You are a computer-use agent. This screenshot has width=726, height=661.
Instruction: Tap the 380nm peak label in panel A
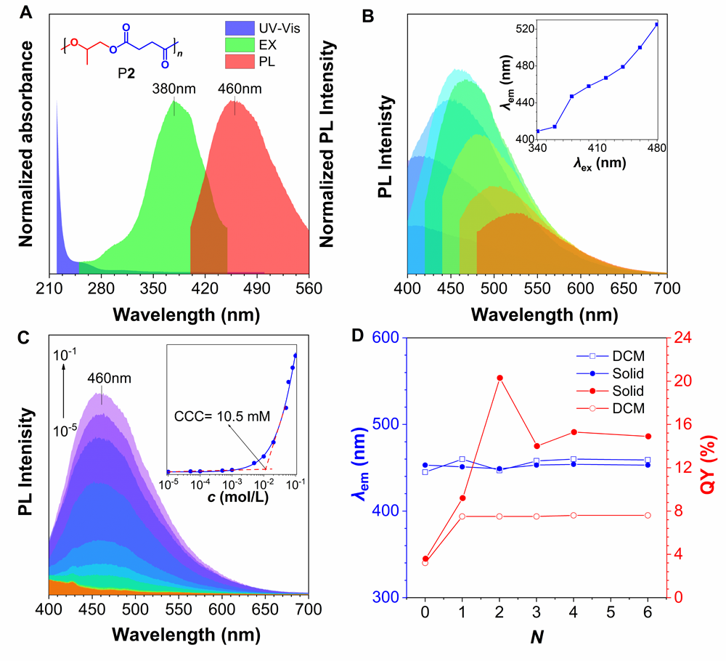tap(171, 89)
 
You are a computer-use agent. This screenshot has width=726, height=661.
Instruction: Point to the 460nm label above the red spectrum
tap(238, 89)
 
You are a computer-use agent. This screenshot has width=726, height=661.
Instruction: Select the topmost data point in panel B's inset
tap(656, 25)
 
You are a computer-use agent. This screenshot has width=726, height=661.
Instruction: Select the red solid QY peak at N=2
tap(499, 378)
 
